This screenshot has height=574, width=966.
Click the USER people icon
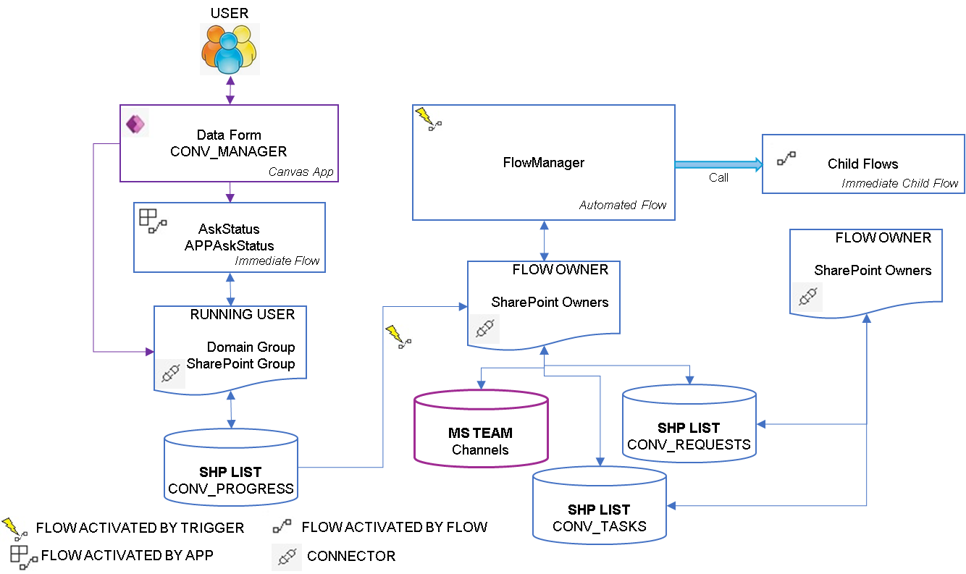[x=229, y=49]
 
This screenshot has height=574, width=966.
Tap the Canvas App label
[x=301, y=172]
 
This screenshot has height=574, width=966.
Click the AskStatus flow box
[x=230, y=237]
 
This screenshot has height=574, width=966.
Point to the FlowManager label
[x=543, y=163]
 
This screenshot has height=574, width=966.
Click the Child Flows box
[x=863, y=164]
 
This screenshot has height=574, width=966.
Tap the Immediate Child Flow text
[x=899, y=184]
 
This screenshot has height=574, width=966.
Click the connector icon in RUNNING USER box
[x=170, y=373]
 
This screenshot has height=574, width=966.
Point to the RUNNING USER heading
[x=243, y=315]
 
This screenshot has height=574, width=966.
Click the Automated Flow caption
[x=623, y=206]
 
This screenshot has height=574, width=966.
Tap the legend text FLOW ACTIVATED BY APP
[x=127, y=555]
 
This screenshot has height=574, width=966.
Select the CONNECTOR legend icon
[x=287, y=556]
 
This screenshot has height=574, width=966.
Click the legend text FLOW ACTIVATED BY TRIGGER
[x=140, y=527]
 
